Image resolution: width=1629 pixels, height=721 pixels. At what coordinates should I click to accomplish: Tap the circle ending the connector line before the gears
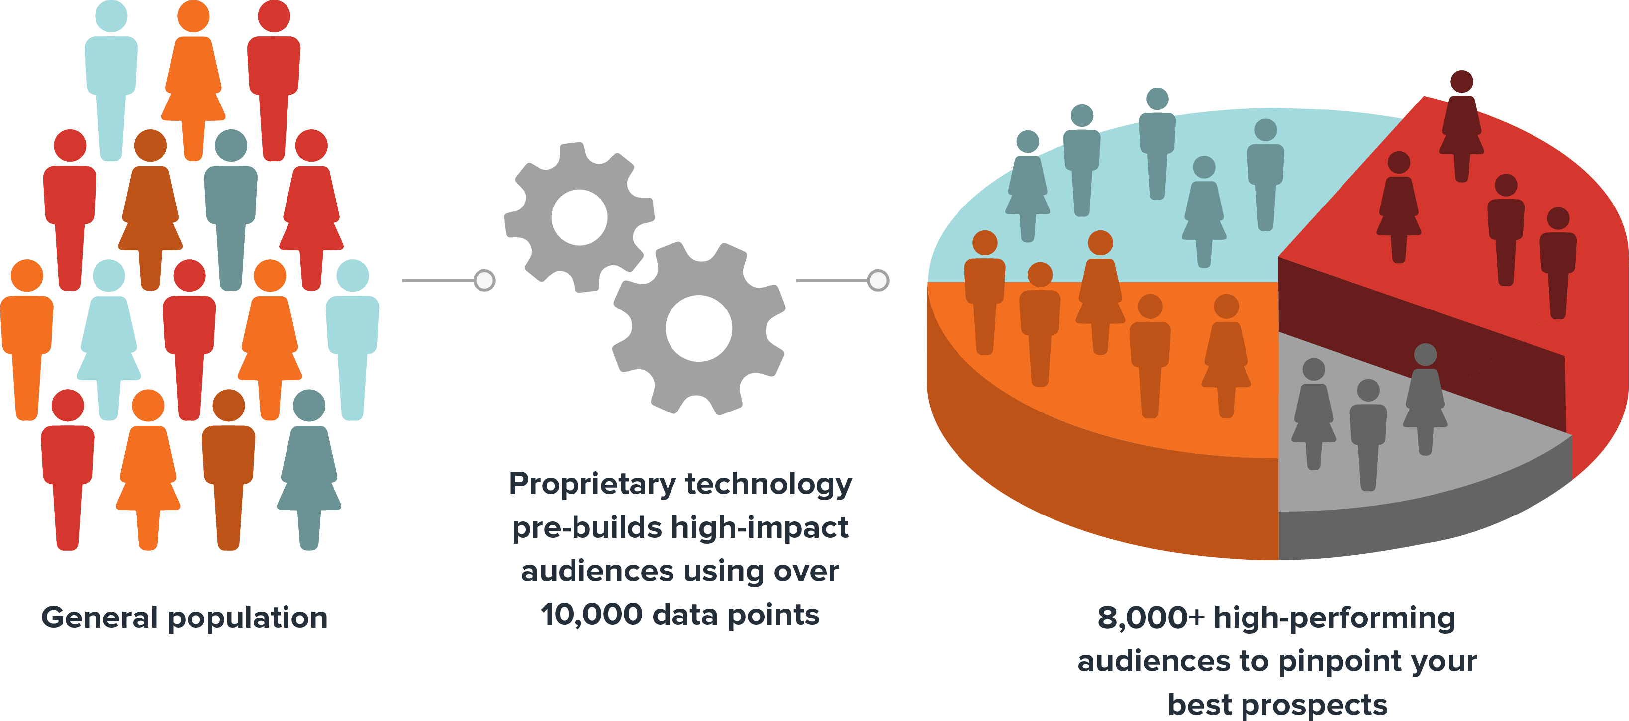tap(484, 280)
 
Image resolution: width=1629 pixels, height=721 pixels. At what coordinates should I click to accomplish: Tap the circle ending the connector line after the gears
tap(878, 280)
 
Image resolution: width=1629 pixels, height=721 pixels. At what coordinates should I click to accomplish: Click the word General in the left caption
tap(98, 618)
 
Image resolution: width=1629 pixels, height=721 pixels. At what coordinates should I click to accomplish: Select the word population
tap(247, 618)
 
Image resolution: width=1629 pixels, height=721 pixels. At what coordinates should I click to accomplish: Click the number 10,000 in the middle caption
tap(591, 615)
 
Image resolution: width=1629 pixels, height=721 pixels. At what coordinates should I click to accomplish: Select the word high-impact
tap(759, 527)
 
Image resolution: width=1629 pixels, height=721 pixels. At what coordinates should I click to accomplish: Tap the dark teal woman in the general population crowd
tap(309, 468)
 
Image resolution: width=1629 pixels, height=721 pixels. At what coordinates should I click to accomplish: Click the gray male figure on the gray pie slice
tap(1368, 436)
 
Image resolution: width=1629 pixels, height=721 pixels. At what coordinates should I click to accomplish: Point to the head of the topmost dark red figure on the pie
tap(1461, 81)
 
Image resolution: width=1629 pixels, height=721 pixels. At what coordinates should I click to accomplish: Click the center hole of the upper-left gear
tap(579, 217)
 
